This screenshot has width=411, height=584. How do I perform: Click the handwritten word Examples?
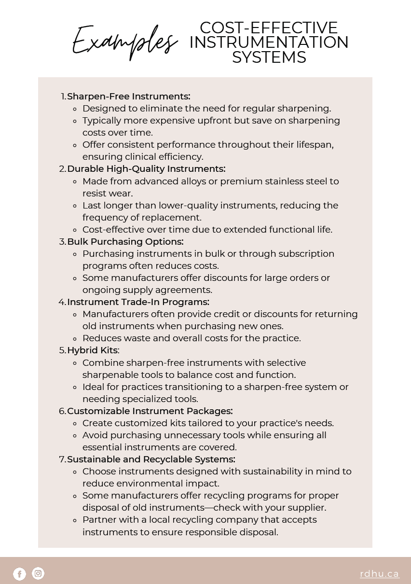coord(124,42)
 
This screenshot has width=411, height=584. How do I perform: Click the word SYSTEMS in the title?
coord(269,57)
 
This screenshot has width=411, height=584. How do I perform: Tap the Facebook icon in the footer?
coord(19,573)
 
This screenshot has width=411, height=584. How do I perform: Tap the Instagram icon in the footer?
coord(38,573)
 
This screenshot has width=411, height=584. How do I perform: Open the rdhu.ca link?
coord(379,574)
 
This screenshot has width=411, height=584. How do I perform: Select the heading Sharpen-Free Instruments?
coord(128,97)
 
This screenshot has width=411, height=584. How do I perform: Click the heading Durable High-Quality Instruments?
coord(146,169)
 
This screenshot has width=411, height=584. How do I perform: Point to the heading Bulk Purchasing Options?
coord(125,241)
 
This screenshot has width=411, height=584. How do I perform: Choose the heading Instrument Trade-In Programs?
coord(138,302)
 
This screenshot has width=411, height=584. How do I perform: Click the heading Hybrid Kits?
coord(92,350)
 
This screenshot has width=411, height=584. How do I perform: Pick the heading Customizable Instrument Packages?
coord(150,411)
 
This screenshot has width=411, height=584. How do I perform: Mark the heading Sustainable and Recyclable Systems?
coord(151,459)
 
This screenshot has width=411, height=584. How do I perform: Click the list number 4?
coord(62,302)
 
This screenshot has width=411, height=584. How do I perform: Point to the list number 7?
coord(62,459)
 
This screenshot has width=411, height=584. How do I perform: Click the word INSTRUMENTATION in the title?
coord(269,42)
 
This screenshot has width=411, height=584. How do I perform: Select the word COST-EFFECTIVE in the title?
coord(269,28)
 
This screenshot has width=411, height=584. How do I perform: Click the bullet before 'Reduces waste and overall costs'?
coord(75,338)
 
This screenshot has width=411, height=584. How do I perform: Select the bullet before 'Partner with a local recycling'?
coord(75,520)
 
